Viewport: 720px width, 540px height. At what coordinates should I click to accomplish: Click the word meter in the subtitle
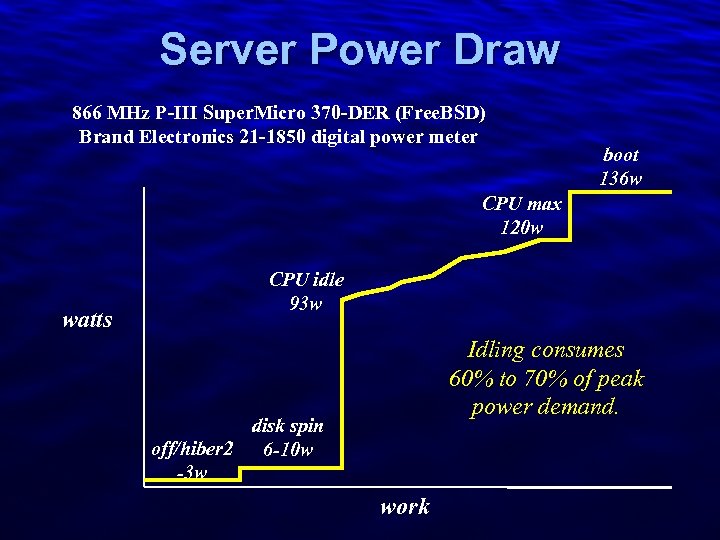[x=452, y=136]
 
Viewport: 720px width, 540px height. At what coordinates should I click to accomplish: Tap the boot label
[x=621, y=155]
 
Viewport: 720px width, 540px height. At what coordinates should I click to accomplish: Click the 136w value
[x=621, y=178]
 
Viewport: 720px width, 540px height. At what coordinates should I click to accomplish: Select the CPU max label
[x=521, y=204]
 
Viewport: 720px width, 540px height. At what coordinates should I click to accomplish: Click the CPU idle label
[x=306, y=280]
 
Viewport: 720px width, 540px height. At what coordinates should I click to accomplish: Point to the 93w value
[x=306, y=303]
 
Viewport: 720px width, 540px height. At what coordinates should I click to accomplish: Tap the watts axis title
[x=87, y=321]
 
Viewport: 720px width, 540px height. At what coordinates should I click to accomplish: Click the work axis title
[x=405, y=506]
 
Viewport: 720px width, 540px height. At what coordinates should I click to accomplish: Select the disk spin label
[x=287, y=426]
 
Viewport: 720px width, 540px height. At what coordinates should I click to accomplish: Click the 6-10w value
[x=287, y=449]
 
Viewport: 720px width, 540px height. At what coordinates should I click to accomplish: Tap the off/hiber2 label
[x=191, y=449]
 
